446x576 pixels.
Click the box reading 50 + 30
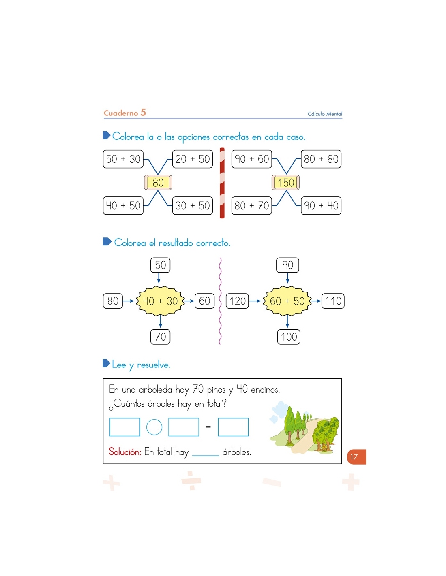tap(123, 159)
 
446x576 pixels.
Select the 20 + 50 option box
tap(192, 159)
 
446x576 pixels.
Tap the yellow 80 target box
tap(158, 182)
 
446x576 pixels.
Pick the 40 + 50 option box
tap(123, 205)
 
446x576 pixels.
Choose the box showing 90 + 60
tap(251, 159)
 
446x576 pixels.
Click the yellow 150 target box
tap(285, 182)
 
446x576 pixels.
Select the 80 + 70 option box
tap(251, 205)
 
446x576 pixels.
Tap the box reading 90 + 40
tap(321, 205)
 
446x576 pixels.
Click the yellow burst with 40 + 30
tap(160, 301)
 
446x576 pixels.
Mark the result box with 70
tap(160, 337)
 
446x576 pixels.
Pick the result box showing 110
tap(333, 301)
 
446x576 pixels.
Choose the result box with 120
tap(237, 301)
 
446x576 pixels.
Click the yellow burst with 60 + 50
tap(287, 301)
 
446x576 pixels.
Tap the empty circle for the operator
tap(154, 427)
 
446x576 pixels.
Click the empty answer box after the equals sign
tap(233, 427)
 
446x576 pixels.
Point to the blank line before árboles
tap(206, 456)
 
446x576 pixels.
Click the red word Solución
tap(125, 451)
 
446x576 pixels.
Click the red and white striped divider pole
tap(222, 183)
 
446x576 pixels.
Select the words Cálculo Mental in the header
tap(325, 114)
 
